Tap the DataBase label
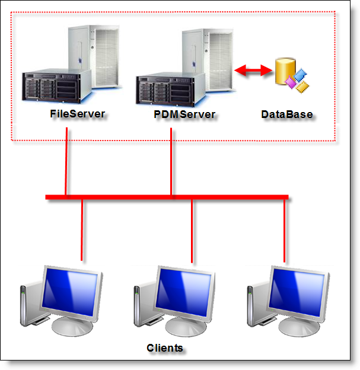(x=287, y=114)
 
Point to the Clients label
(x=165, y=347)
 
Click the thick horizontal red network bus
(x=167, y=197)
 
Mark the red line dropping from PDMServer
(x=171, y=160)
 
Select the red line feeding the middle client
(x=192, y=231)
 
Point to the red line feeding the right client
(x=285, y=231)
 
